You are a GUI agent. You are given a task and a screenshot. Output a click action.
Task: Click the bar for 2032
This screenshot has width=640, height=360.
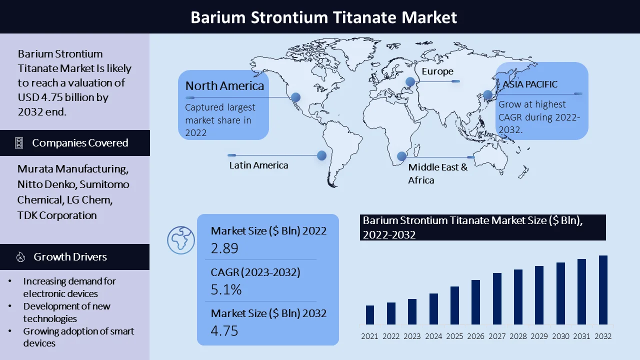coord(603,289)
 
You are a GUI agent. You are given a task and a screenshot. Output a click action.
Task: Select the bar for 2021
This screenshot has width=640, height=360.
coord(369,315)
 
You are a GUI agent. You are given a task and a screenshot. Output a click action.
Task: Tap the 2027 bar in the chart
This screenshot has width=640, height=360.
coord(497,298)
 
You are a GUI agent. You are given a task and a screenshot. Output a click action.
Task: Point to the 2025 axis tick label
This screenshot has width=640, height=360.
coord(454,336)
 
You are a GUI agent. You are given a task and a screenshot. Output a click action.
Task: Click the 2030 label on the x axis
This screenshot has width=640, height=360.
coord(560,336)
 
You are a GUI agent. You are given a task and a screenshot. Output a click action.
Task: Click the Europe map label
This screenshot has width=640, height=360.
coord(437,71)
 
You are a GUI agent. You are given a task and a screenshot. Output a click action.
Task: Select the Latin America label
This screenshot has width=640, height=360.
coord(258,165)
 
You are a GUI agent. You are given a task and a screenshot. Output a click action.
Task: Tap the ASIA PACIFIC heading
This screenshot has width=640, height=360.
coord(529,84)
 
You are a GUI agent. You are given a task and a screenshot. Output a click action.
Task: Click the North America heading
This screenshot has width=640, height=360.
coord(224,85)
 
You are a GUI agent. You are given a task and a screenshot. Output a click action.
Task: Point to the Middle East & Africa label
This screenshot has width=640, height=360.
coord(437,173)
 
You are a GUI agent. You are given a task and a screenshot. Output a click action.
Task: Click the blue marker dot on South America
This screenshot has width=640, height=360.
coord(321,155)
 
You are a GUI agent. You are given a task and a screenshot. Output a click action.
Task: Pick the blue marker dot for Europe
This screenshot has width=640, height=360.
coord(410,81)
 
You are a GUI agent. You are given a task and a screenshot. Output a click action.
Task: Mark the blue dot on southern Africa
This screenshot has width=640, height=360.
coord(401,156)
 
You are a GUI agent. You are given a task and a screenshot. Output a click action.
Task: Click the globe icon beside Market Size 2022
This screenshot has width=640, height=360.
coord(181,240)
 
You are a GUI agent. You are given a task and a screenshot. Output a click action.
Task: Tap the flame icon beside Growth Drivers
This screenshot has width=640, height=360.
coord(20,257)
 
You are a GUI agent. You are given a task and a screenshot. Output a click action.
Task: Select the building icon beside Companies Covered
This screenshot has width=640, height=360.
coord(19,143)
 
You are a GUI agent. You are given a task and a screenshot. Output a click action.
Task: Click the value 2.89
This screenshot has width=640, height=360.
coord(224,248)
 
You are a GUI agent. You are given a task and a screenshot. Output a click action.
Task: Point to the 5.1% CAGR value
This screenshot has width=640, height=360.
coord(226,289)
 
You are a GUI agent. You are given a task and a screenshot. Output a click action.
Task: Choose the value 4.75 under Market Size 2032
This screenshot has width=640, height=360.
coord(224,330)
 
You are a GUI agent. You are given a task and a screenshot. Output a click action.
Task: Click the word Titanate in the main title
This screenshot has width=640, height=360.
coord(364,17)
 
